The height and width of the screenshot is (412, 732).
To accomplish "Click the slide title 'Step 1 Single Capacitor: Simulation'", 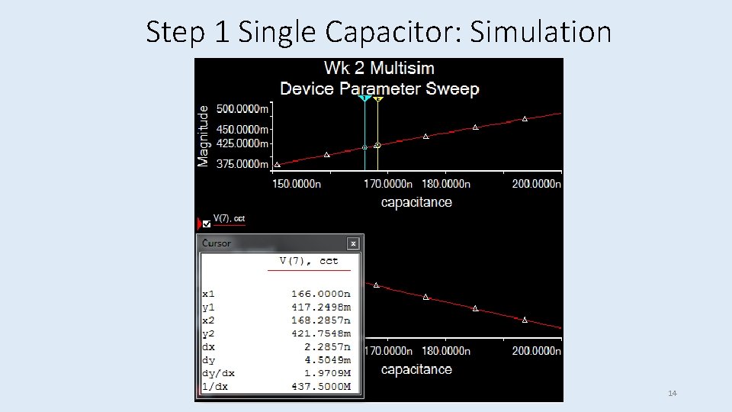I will click(378, 32).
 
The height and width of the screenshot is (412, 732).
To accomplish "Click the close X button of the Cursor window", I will click(353, 243).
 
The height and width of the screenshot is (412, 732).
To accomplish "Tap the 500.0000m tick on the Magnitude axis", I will click(242, 108).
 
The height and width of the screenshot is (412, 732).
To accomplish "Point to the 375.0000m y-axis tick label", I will click(242, 164).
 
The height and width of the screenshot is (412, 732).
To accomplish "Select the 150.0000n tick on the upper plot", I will click(297, 184).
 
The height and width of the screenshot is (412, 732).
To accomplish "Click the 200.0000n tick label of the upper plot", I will click(536, 184).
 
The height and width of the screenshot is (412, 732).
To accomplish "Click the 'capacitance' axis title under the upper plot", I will click(416, 202).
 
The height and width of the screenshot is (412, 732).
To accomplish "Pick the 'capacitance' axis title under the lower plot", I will click(416, 369).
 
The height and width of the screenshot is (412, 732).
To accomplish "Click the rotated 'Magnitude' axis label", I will click(203, 136).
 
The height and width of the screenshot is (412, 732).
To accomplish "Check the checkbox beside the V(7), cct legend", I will click(207, 224).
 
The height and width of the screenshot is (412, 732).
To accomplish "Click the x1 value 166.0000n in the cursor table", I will click(320, 293).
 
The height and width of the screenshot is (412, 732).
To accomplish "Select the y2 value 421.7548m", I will click(320, 333).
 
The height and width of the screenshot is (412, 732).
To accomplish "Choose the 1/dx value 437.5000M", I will click(320, 387).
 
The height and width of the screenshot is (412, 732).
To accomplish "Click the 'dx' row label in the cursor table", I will click(207, 346).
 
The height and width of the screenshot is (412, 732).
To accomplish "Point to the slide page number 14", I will click(672, 393).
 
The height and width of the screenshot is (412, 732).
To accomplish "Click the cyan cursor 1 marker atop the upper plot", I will click(365, 98).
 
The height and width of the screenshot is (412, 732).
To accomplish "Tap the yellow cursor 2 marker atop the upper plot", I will click(378, 98).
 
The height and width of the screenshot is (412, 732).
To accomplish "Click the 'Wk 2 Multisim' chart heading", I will click(379, 68).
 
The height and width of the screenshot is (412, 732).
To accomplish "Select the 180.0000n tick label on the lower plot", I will click(446, 351).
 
